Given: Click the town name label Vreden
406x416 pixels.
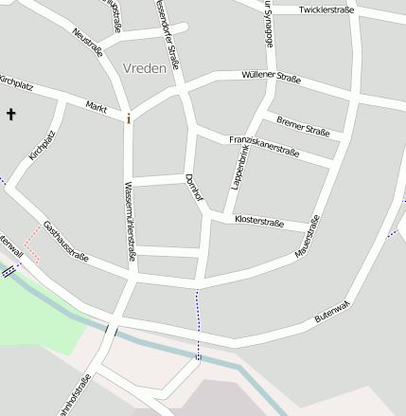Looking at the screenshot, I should pyautogui.click(x=145, y=68).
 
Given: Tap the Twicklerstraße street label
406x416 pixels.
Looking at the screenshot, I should pyautogui.click(x=326, y=9).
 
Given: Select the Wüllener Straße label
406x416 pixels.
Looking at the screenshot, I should pyautogui.click(x=271, y=77).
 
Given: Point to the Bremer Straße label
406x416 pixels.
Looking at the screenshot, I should pyautogui.click(x=303, y=126).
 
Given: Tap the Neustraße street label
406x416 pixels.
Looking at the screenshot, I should pyautogui.click(x=87, y=43).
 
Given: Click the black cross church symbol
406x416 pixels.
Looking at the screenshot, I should pyautogui.click(x=11, y=115).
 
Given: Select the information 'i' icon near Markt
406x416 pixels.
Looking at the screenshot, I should pyautogui.click(x=129, y=118).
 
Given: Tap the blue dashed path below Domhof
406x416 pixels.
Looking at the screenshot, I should pyautogui.click(x=198, y=322).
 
